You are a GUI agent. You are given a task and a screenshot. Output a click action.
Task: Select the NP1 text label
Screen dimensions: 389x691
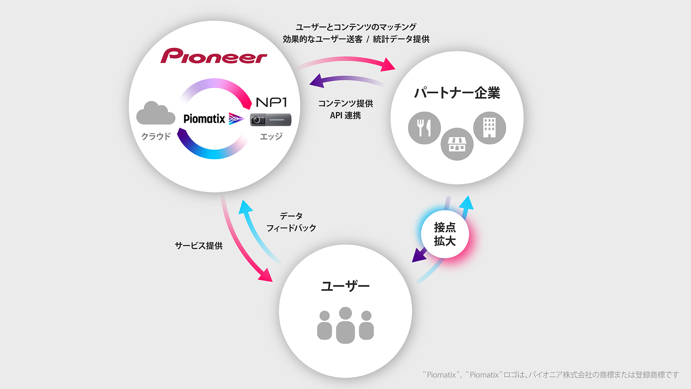click(271, 102)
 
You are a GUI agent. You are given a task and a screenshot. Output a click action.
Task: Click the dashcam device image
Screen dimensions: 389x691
click(271, 120)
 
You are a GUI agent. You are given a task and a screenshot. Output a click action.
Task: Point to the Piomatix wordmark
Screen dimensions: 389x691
click(204, 119)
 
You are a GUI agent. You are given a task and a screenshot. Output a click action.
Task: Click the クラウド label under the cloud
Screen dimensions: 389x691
click(155, 137)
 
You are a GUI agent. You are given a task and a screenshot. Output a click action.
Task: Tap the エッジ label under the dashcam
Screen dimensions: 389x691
click(271, 137)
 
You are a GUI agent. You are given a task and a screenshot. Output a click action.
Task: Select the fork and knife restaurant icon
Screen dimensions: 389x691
click(424, 128)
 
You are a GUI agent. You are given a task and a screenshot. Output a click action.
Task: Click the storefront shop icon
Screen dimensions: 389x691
click(457, 144)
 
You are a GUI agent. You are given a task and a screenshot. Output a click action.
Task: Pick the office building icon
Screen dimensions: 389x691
click(489, 128)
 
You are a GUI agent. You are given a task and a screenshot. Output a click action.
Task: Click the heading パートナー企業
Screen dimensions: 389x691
click(457, 93)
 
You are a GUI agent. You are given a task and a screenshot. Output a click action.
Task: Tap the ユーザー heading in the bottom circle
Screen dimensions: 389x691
click(345, 286)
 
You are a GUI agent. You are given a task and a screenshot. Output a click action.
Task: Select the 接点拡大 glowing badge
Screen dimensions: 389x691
click(445, 234)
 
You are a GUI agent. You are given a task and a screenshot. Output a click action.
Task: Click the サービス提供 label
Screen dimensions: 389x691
click(199, 246)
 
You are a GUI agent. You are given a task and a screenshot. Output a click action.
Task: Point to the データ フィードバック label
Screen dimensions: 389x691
click(291, 222)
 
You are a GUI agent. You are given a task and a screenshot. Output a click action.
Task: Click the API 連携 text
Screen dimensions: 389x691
click(345, 116)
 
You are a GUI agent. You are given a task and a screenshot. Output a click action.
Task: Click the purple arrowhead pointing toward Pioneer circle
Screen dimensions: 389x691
click(316, 81)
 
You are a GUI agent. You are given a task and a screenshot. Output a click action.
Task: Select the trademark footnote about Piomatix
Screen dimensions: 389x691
click(551, 375)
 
